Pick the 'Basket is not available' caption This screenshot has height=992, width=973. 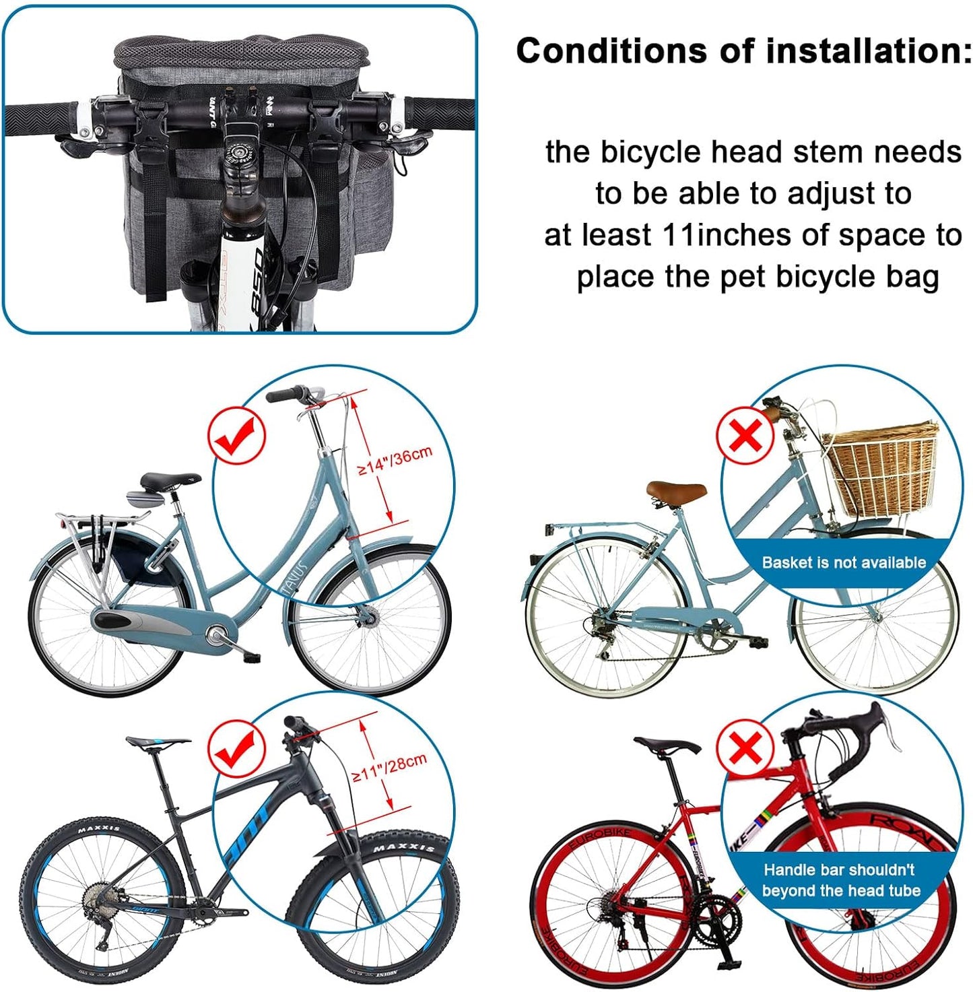[x=843, y=562]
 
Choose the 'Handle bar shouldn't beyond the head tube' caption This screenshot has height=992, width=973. [x=840, y=880]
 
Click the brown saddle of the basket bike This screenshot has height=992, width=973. [x=675, y=491]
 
